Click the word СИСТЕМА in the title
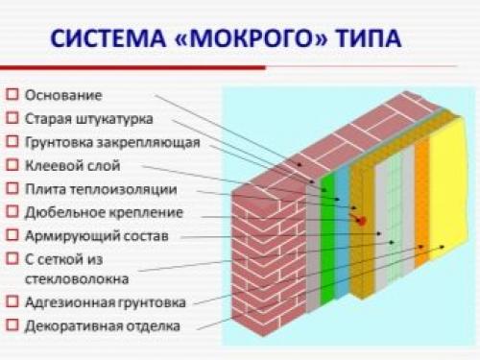point(106,40)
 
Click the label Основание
point(62,96)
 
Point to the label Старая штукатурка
point(88,119)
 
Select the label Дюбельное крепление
point(104,211)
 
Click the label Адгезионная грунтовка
point(100,302)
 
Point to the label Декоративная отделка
point(102,325)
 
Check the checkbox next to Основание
point(11,96)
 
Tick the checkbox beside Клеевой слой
point(11,165)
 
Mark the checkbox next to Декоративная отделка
point(11,325)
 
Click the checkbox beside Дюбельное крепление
point(11,211)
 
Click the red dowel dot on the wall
point(361,220)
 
